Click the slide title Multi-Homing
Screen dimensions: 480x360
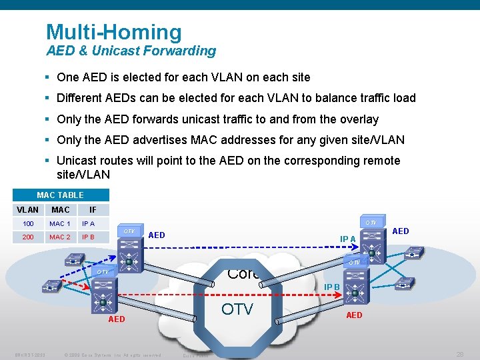click(x=113, y=32)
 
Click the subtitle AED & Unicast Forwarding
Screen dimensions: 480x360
click(x=131, y=51)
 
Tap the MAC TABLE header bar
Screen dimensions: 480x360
click(x=60, y=195)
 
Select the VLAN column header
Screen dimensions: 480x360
click(x=27, y=210)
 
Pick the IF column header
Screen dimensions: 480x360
click(x=93, y=210)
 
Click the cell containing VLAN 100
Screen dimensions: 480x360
click(x=28, y=224)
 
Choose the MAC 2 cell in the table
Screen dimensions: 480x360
click(x=59, y=237)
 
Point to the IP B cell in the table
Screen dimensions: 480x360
click(x=88, y=237)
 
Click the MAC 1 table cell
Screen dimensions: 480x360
click(x=59, y=224)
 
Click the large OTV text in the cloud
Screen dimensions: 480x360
click(x=237, y=309)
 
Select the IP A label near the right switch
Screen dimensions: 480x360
click(x=348, y=239)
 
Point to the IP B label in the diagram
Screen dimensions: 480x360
click(x=332, y=287)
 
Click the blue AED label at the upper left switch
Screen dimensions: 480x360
click(x=157, y=235)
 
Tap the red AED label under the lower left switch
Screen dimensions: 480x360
click(x=116, y=319)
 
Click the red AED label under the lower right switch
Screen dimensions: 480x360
click(x=354, y=315)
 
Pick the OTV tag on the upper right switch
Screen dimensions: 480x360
click(x=371, y=222)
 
